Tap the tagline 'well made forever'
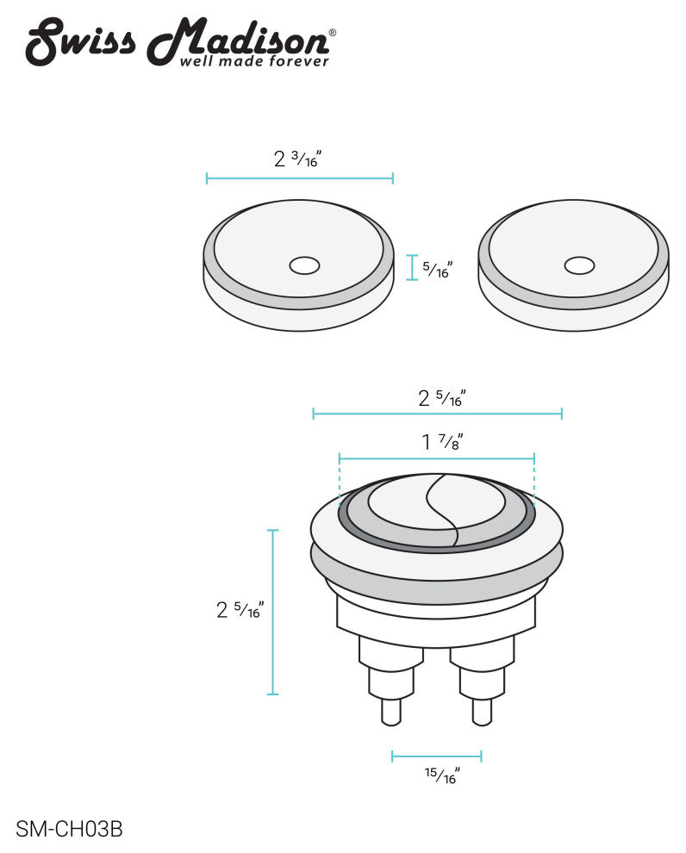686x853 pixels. click(x=253, y=61)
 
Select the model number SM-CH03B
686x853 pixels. click(x=70, y=830)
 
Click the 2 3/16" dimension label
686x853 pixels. click(x=297, y=159)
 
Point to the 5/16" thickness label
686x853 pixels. click(x=438, y=269)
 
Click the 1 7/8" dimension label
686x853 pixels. click(x=441, y=443)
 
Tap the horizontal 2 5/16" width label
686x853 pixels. click(x=441, y=398)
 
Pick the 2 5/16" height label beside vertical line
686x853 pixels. click(x=239, y=610)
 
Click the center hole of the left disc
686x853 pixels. click(x=304, y=265)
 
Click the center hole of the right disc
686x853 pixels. click(x=578, y=265)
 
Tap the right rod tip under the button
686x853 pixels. click(x=482, y=712)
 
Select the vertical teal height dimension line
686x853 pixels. click(x=273, y=612)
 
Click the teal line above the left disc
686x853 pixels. click(x=299, y=178)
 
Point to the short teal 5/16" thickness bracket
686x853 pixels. click(x=411, y=267)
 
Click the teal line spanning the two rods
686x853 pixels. click(x=436, y=756)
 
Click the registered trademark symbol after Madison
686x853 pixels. click(x=333, y=33)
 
